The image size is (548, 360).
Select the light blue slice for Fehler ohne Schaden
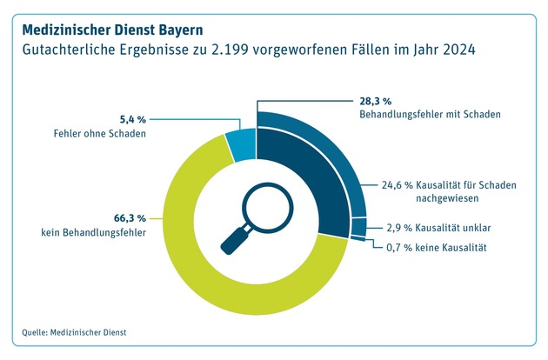click(241, 144)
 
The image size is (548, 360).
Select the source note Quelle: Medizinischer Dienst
click(80, 331)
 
